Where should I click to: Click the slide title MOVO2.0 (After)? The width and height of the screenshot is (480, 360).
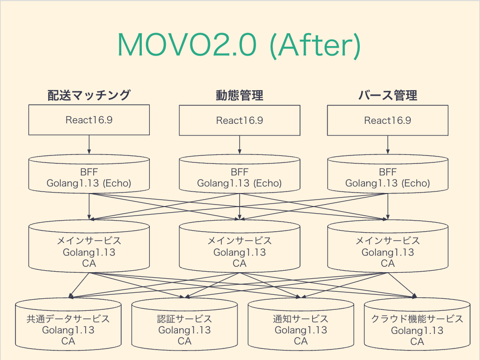pyautogui.click(x=239, y=46)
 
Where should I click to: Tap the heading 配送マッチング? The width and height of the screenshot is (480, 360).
pyautogui.click(x=89, y=95)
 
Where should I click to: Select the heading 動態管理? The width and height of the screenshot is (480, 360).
pyautogui.click(x=239, y=95)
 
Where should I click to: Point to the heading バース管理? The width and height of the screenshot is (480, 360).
pyautogui.click(x=387, y=95)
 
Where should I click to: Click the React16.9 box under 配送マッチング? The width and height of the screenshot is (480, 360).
pyautogui.click(x=89, y=120)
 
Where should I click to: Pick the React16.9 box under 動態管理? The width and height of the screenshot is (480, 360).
pyautogui.click(x=239, y=120)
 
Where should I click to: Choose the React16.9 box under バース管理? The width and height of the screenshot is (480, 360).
pyautogui.click(x=387, y=120)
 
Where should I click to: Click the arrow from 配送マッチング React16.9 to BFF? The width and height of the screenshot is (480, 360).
pyautogui.click(x=89, y=144)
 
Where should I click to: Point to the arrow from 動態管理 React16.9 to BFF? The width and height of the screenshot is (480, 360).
pyautogui.click(x=239, y=144)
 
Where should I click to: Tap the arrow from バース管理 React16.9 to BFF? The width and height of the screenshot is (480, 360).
pyautogui.click(x=387, y=144)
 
